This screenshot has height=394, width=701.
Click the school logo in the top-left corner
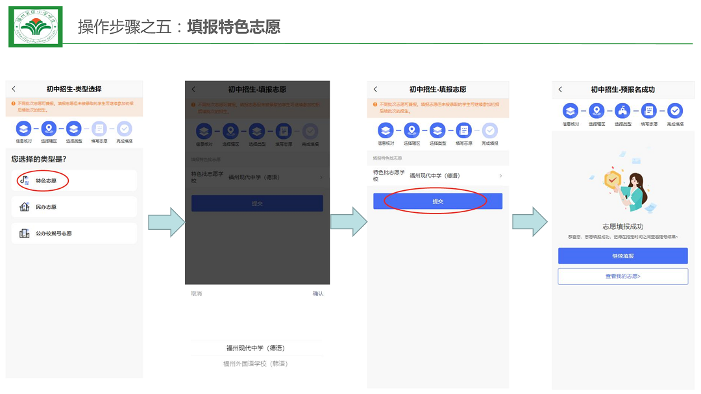pos(35,27)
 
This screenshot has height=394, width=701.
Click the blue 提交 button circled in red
pos(437,201)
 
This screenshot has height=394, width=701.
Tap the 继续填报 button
pos(622,256)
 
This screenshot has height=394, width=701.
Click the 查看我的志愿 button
pos(622,277)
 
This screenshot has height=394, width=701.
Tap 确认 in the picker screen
pos(318,294)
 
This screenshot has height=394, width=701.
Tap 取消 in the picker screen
pos(196,294)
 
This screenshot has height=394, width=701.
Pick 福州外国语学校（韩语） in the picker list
pos(256,364)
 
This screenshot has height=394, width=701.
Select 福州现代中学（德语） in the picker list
pos(256,348)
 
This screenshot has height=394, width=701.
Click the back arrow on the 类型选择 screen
pos(14,89)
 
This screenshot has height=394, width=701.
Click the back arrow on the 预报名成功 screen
pos(561,90)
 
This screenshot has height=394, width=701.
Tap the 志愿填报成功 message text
pos(622,227)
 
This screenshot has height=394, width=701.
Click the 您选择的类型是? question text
pos(38,158)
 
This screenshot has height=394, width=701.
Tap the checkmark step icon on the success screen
pos(675,111)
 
